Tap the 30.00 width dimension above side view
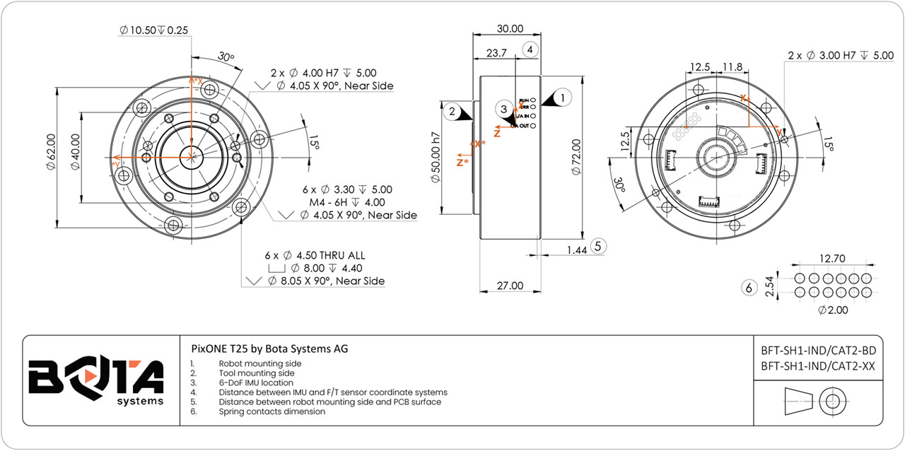click(x=510, y=29)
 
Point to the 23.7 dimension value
click(x=497, y=53)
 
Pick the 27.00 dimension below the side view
click(x=510, y=286)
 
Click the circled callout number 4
click(x=530, y=49)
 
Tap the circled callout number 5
click(x=599, y=246)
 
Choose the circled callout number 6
click(x=749, y=288)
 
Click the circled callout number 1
click(x=563, y=96)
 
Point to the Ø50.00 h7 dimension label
click(x=436, y=157)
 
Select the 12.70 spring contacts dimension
click(x=831, y=259)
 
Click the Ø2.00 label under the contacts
click(x=832, y=310)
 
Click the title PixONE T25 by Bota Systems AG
click(x=269, y=348)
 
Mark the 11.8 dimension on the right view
click(x=732, y=67)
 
